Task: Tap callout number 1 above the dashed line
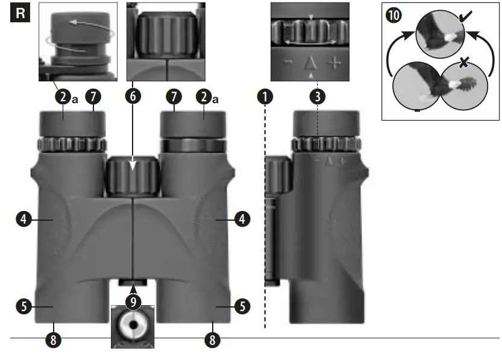click(x=264, y=96)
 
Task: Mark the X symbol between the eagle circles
click(x=463, y=62)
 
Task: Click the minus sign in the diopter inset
click(x=287, y=63)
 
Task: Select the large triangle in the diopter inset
click(x=310, y=62)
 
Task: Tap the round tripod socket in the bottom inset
click(x=133, y=327)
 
